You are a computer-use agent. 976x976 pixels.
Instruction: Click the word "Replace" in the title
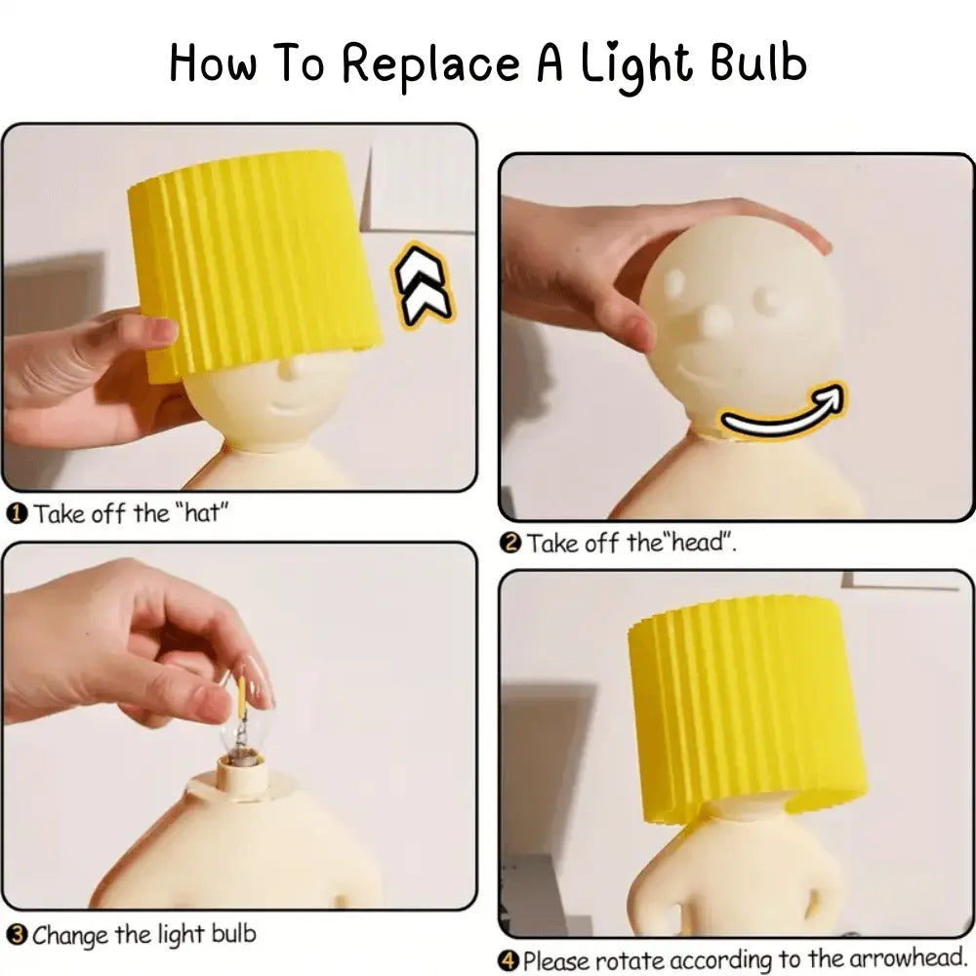point(431,64)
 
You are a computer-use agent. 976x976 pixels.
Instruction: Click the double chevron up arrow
point(423,285)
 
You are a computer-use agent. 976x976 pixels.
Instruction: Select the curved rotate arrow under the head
point(783,410)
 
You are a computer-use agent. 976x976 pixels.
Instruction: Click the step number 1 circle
point(17,514)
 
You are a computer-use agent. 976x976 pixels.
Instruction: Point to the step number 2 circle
point(510,543)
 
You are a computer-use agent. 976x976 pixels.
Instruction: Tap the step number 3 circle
point(17,935)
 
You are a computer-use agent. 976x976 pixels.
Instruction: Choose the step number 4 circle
point(508,960)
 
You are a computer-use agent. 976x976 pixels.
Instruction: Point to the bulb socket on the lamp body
point(241,775)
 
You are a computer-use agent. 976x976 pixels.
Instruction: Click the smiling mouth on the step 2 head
point(710,376)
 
